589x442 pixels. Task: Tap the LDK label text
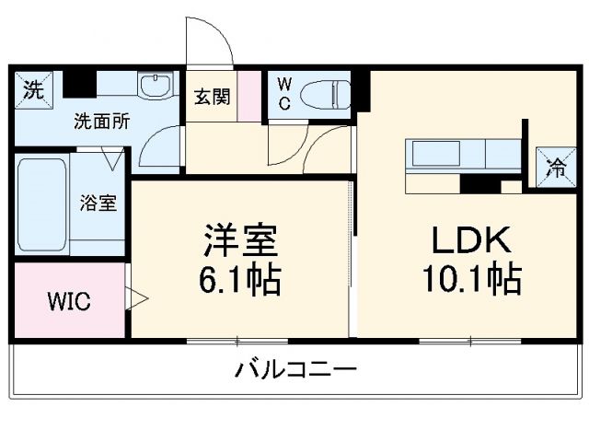(x=472, y=240)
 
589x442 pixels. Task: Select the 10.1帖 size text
(x=472, y=278)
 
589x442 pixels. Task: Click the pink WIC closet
(x=69, y=301)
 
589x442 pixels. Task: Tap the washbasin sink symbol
(x=153, y=87)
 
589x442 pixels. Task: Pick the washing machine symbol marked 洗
(x=33, y=90)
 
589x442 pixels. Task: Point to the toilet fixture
(x=329, y=92)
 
